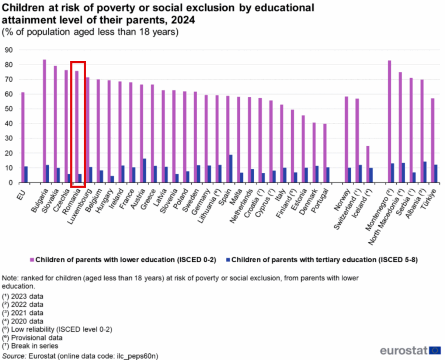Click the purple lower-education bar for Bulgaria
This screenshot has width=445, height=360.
tap(44, 121)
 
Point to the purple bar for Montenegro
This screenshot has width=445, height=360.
tap(389, 122)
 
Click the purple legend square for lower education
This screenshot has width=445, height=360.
tap(32, 260)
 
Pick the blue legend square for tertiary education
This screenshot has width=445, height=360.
tap(228, 260)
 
